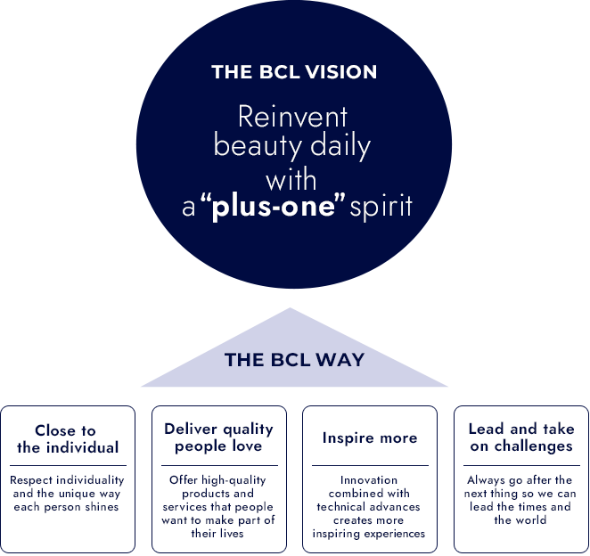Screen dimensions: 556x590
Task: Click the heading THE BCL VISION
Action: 294,72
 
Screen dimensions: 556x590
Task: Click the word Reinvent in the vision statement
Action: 292,117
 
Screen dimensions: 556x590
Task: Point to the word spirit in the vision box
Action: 381,208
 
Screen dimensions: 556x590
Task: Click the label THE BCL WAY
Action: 294,360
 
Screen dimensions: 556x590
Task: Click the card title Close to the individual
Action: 68,439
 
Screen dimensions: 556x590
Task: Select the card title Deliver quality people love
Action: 218,437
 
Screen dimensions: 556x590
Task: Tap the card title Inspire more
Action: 369,438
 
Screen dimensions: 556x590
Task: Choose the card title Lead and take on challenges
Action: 521,437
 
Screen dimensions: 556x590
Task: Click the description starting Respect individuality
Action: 68,494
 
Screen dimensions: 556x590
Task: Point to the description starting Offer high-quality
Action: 218,506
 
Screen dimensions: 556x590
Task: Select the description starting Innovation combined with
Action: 369,506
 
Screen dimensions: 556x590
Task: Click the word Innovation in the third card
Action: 369,480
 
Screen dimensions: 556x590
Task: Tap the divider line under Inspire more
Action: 369,465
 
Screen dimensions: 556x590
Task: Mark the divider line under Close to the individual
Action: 68,465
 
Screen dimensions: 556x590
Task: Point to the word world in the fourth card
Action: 533,520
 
